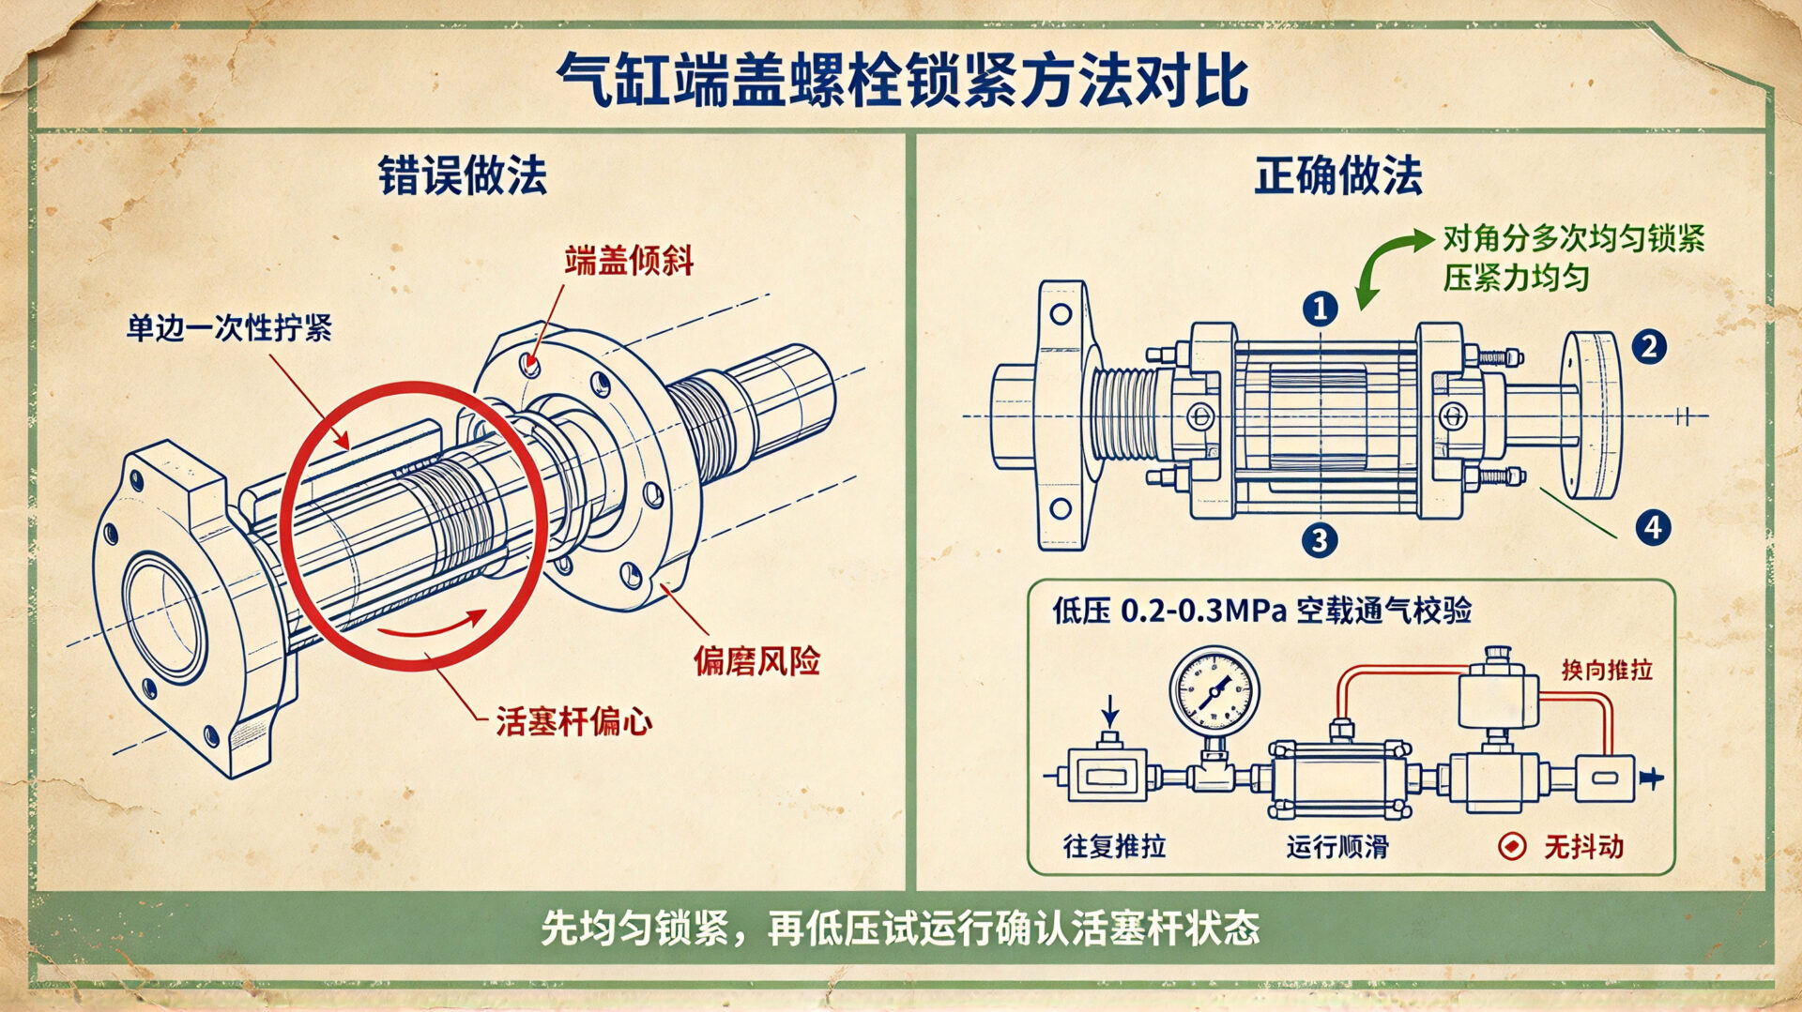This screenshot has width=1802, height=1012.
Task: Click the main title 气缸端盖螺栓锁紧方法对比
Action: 902,81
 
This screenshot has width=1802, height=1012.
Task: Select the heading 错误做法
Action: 462,175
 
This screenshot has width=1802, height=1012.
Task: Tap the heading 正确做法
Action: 1338,175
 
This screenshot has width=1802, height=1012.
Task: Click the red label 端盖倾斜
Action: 629,261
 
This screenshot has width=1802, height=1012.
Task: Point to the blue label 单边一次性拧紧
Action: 229,328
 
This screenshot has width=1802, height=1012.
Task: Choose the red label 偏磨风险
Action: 756,661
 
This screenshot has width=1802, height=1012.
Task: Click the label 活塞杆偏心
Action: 573,722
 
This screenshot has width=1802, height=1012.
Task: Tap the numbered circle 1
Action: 1320,309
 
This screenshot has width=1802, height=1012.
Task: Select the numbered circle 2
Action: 1649,347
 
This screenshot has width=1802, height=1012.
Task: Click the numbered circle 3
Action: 1320,539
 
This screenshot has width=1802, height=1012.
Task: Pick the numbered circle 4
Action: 1653,527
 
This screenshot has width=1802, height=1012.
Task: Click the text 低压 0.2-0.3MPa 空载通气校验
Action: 1261,611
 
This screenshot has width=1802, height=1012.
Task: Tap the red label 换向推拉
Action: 1607,670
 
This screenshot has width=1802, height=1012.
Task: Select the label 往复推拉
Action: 1114,846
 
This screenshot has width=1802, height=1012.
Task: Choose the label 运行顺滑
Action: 1337,846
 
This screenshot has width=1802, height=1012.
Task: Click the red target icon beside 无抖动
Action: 1512,846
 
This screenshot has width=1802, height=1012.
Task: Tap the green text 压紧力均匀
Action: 1516,279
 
